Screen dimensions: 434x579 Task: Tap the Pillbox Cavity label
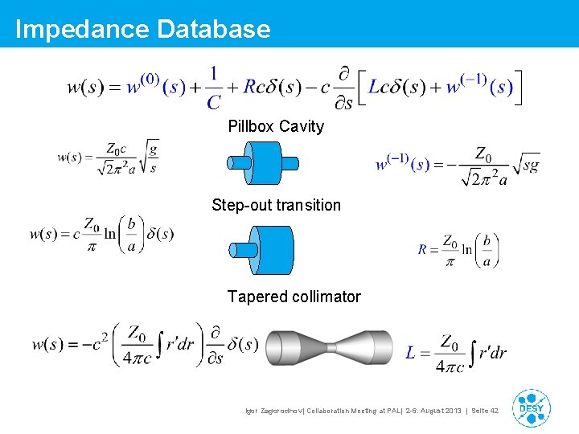276,126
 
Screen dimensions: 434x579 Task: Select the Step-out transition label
276,205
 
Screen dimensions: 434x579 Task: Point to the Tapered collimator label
294,297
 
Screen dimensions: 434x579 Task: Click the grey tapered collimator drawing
331,348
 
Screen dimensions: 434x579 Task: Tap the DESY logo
531,408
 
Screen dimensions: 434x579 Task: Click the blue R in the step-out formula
423,249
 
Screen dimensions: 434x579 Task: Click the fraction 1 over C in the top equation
213,88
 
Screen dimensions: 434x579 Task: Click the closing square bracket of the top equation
518,87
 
